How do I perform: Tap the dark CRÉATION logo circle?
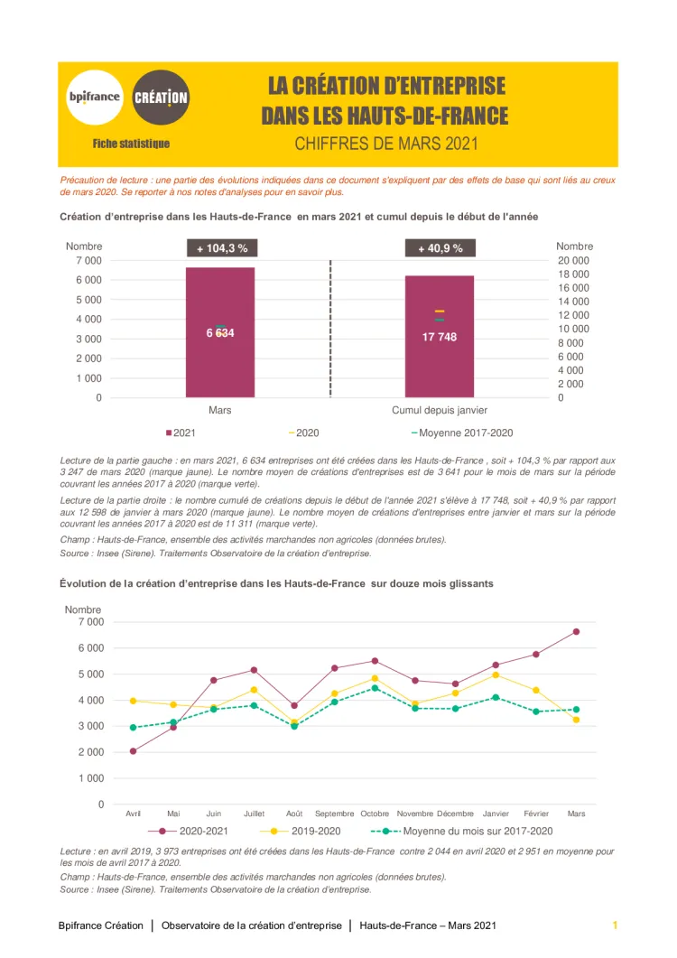coord(161,97)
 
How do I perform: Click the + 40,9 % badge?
coord(440,248)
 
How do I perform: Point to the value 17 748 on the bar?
coord(440,337)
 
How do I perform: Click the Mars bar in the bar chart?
coord(220,331)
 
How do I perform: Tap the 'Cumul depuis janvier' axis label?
coord(440,410)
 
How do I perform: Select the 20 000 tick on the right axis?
coord(573,261)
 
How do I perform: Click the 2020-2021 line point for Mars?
coord(576,632)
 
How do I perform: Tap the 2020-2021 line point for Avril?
coord(134,751)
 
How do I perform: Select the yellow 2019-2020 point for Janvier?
coord(496,674)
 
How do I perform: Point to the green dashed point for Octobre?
coord(376,688)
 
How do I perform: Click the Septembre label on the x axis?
coord(335,814)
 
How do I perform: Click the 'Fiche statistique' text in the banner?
coord(131,144)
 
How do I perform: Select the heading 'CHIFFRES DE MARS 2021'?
coord(385,144)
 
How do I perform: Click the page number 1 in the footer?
coord(615,925)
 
